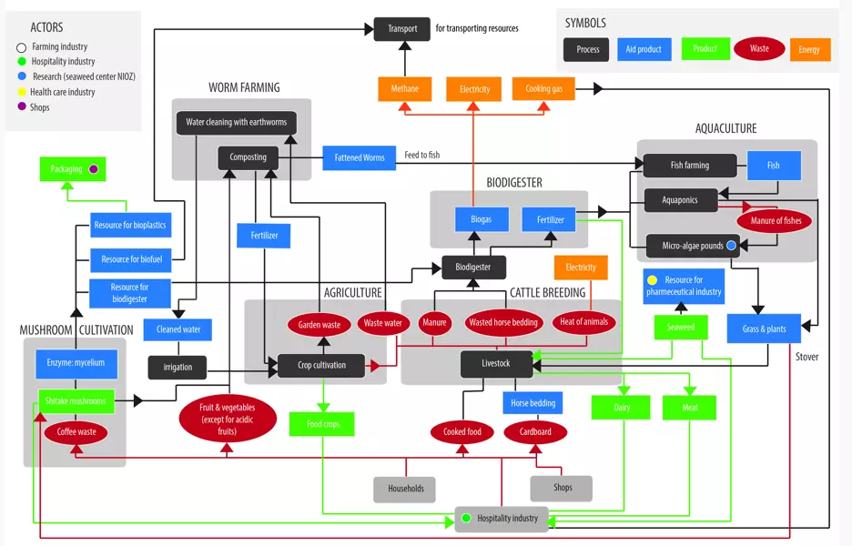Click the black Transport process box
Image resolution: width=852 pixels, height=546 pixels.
coord(401,28)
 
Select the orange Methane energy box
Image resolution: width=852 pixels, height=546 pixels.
coord(405,89)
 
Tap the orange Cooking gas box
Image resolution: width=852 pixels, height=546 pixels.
coord(543,89)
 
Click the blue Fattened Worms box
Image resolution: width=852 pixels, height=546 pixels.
coord(360,157)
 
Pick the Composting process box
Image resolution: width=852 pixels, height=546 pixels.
coord(248,157)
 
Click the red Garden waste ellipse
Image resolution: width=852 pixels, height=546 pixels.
coord(319,324)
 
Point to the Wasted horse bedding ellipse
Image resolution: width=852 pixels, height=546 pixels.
coord(503,322)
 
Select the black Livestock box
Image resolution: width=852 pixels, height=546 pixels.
coord(496,363)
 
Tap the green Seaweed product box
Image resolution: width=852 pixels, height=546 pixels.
coord(680,328)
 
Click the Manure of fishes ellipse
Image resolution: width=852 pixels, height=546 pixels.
coord(776,221)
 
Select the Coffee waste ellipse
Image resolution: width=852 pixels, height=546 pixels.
coord(76,432)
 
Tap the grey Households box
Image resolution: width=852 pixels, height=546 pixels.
coord(405,489)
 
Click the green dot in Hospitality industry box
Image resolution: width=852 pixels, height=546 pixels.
coord(465,519)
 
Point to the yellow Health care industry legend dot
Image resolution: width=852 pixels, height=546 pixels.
coord(20,92)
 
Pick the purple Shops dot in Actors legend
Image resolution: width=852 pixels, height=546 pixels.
coord(20,107)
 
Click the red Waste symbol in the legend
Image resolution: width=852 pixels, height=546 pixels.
coord(759,49)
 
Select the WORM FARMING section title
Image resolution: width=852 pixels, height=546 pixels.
coord(244,88)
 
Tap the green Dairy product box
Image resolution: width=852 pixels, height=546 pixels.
coord(622,408)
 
